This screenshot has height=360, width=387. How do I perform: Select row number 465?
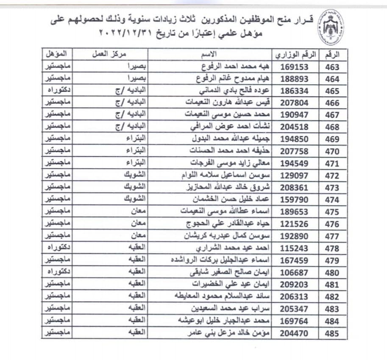332,91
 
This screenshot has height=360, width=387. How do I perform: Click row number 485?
332,334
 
